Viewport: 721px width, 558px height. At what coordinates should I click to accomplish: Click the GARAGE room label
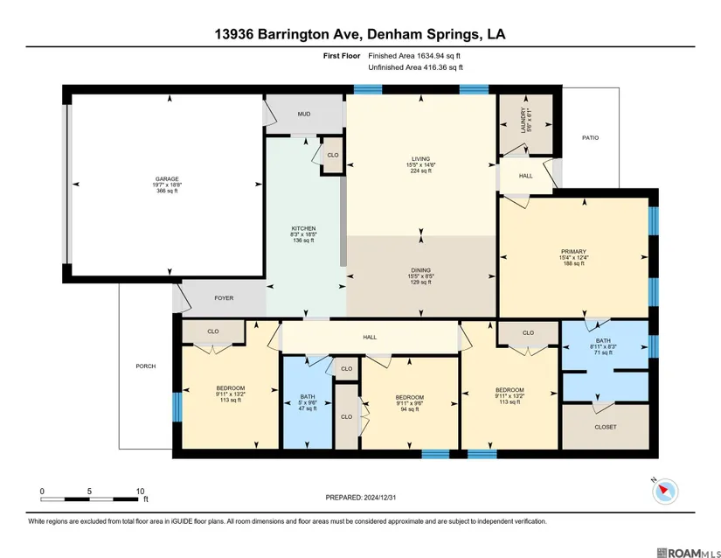pos(167,179)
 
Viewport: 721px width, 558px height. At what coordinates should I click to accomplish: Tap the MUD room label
pos(304,114)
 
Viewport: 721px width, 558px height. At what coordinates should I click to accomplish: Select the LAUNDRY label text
pos(523,121)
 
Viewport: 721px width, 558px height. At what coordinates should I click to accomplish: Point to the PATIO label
pos(591,137)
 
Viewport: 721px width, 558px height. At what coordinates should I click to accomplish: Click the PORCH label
pos(146,366)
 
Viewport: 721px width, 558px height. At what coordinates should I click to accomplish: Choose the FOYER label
pos(224,298)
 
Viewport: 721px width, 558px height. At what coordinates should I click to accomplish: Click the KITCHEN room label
pos(303,228)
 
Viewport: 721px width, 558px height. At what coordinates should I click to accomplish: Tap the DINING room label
pos(420,270)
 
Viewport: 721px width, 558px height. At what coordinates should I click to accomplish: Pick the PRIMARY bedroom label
pos(573,252)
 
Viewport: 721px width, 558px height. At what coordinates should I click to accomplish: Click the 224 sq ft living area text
pos(420,171)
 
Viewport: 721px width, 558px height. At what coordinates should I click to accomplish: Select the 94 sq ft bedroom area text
pos(410,409)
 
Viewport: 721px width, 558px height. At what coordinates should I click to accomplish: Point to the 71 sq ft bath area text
pos(603,352)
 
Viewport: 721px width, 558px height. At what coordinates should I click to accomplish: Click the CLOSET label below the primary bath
pos(606,427)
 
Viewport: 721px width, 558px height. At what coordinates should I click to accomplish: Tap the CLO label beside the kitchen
pos(333,155)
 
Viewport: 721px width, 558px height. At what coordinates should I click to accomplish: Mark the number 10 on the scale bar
pos(140,492)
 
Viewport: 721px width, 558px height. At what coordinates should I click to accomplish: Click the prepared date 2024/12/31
pos(380,498)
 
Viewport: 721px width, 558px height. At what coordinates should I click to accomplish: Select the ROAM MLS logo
pos(689,553)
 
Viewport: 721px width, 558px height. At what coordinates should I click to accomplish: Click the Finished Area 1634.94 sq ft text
pos(414,56)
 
